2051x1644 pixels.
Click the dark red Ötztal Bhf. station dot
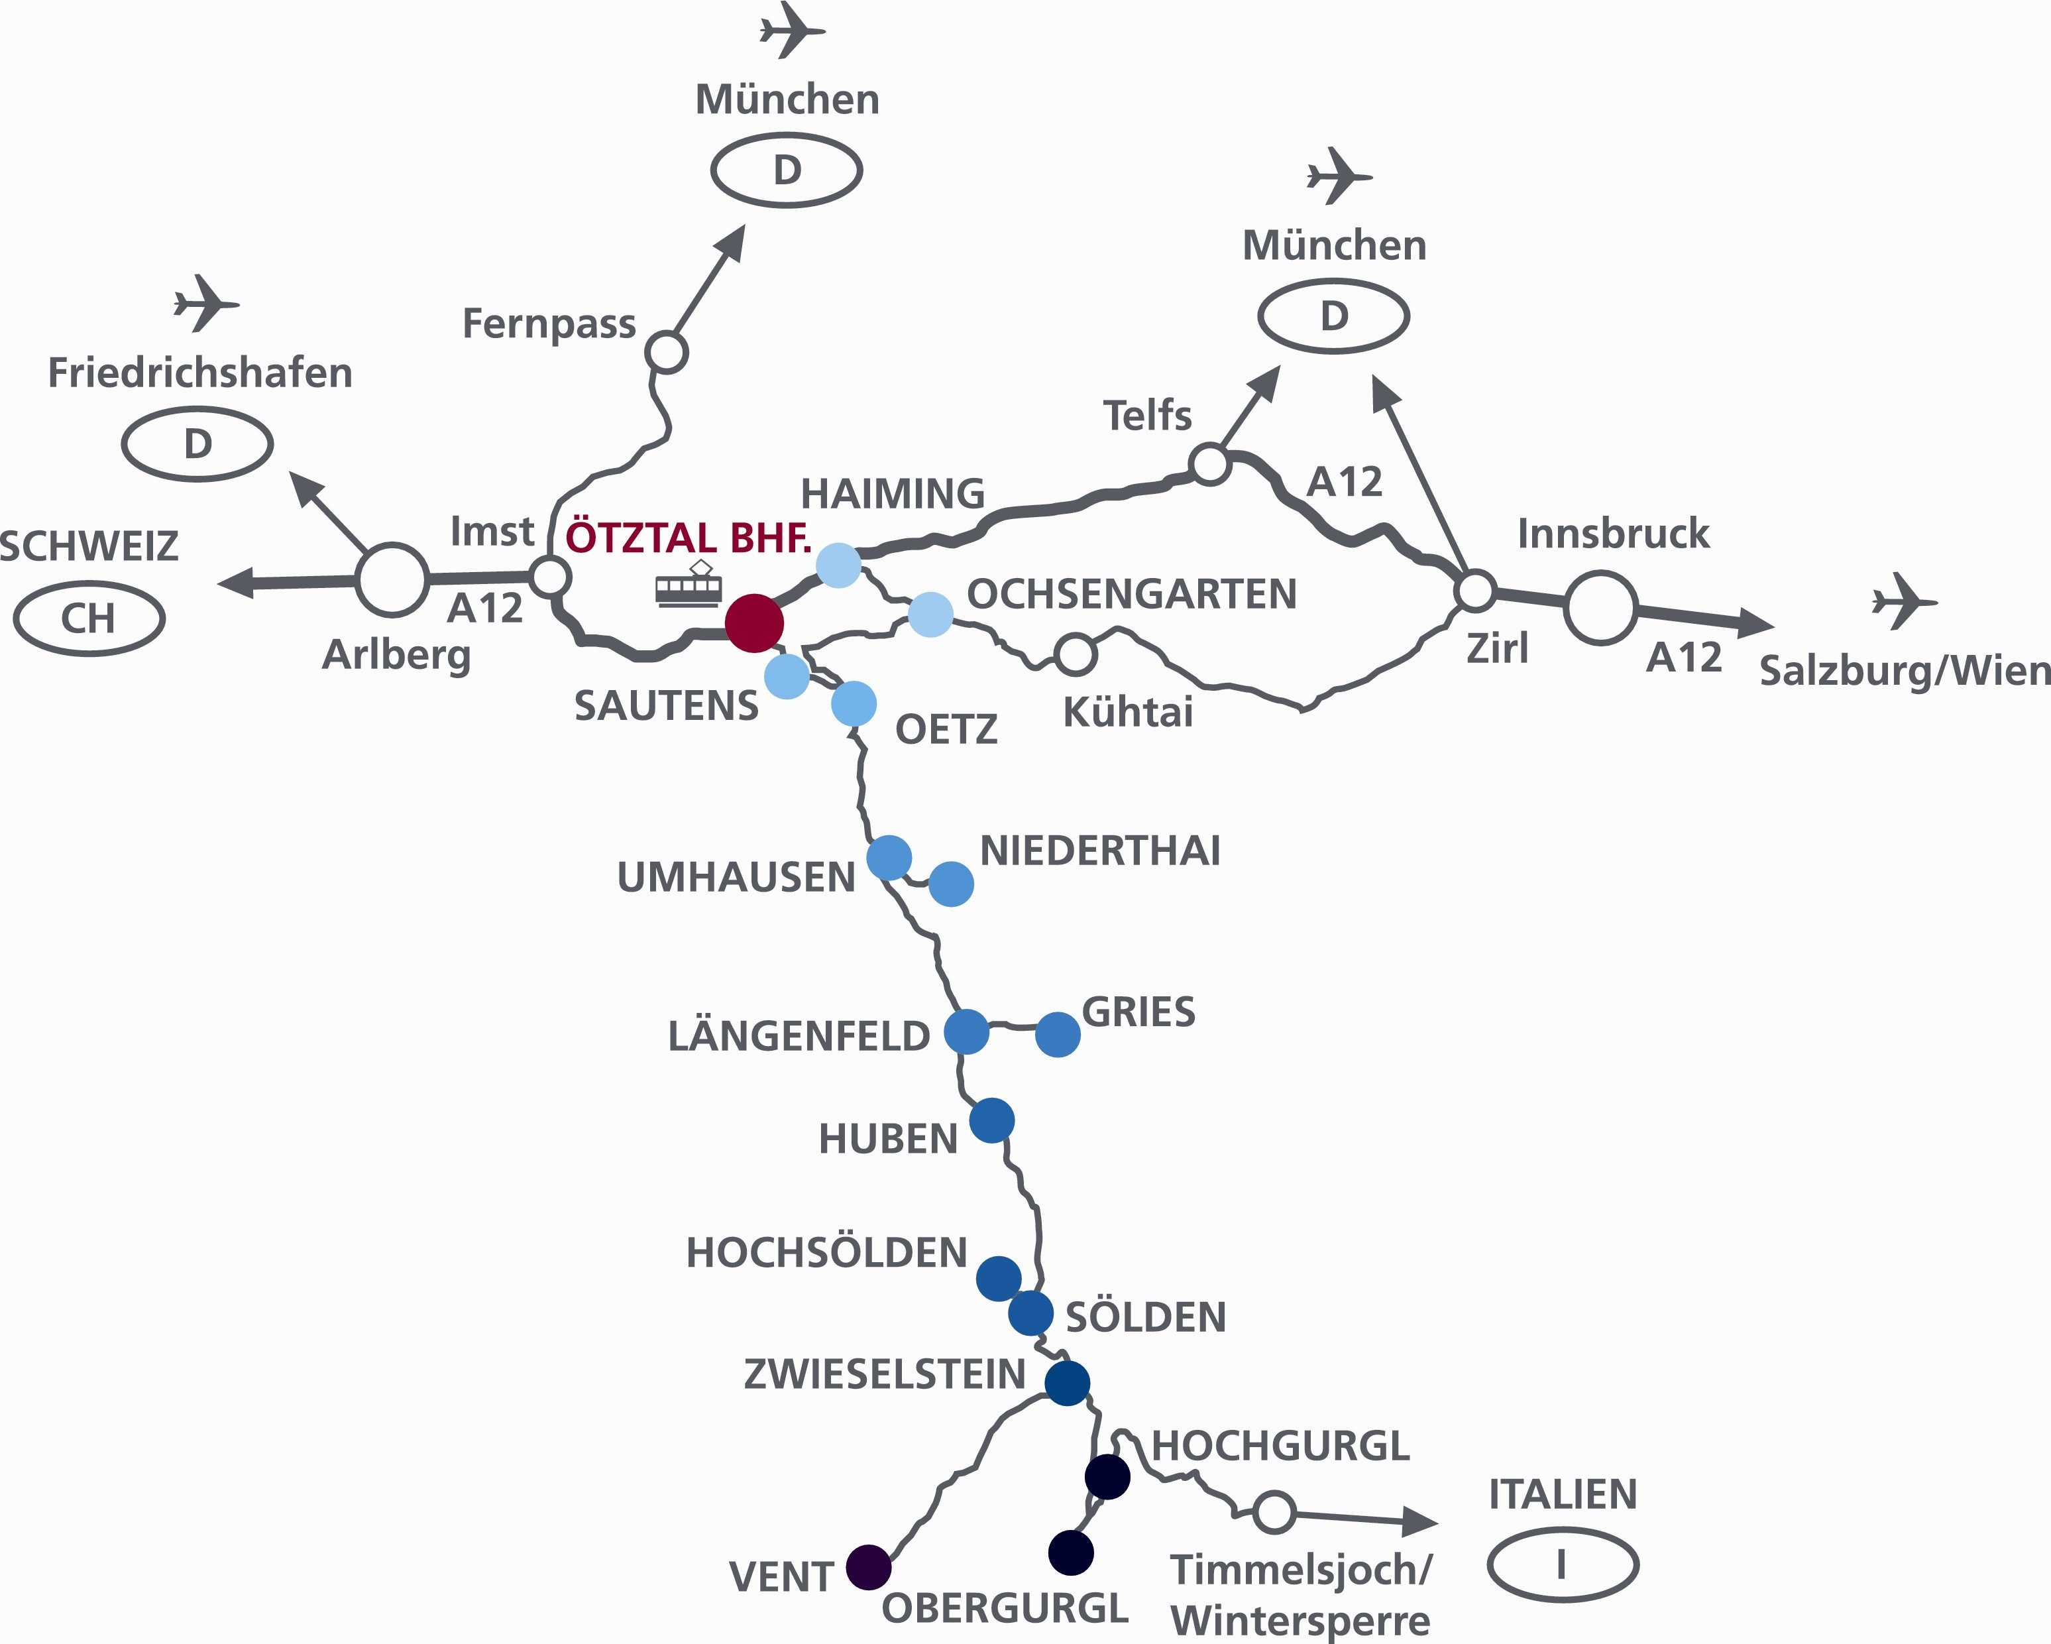coord(754,623)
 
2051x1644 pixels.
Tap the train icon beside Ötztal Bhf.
coord(689,583)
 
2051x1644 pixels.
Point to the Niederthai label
coord(1101,851)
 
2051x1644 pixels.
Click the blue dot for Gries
coord(1058,1034)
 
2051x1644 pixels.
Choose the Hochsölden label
coord(826,1253)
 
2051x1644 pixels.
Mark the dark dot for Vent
coord(869,1567)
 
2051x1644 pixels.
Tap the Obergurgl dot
coord(1071,1553)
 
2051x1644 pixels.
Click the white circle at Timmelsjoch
coord(1274,1512)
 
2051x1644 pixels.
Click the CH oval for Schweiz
coord(89,618)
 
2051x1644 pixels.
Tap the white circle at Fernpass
coord(666,352)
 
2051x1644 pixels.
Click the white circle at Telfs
coord(1210,464)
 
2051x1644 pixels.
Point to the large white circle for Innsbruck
coord(1601,607)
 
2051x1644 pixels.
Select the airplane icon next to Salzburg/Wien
coord(1903,601)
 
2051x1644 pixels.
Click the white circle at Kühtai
coord(1076,654)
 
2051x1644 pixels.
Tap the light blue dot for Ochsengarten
coord(930,614)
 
